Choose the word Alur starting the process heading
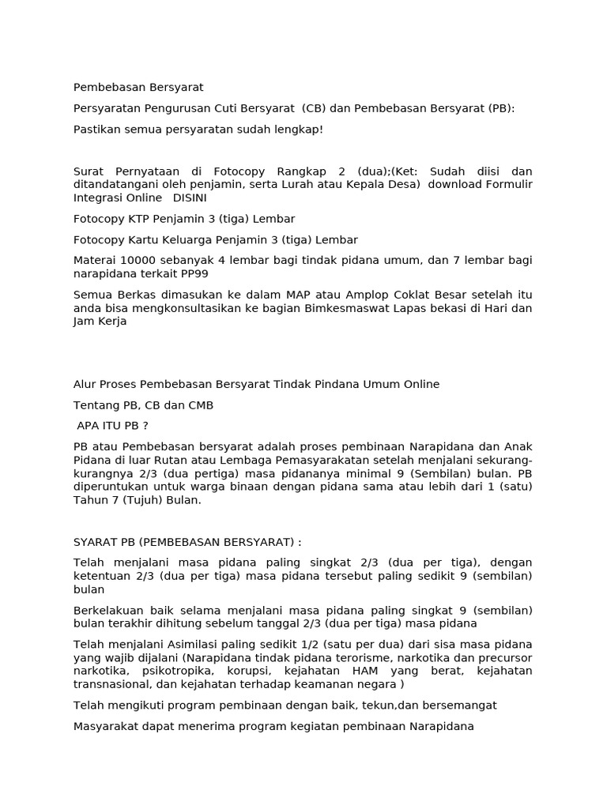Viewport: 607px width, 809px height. point(85,385)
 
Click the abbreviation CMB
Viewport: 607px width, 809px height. point(198,405)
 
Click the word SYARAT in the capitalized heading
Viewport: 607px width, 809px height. point(94,542)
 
